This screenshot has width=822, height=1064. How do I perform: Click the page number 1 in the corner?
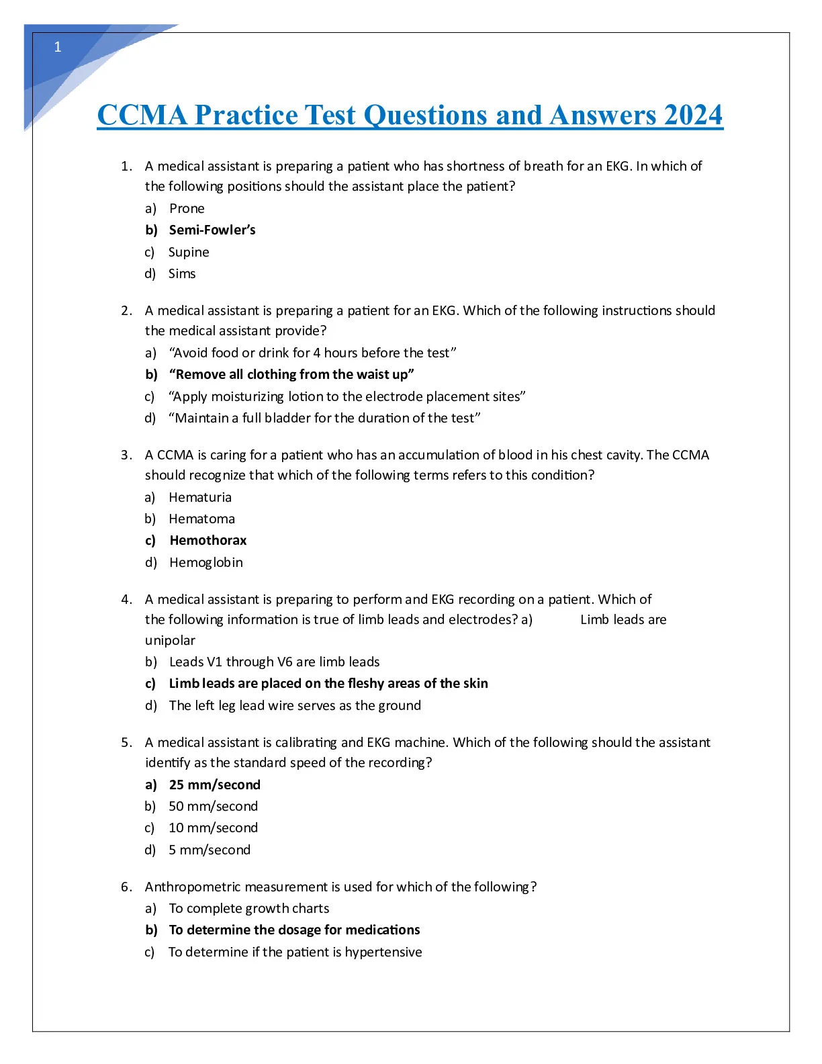tap(58, 47)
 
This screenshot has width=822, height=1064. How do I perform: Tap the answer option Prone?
tap(187, 209)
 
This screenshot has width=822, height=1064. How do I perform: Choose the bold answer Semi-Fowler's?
tap(212, 230)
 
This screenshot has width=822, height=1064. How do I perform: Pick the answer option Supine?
tap(189, 253)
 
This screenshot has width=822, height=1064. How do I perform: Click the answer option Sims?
tap(182, 274)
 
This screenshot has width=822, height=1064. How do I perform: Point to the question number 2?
tap(126, 311)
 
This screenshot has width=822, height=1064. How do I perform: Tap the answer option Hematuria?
tap(200, 498)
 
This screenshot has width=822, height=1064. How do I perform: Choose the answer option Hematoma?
tap(202, 519)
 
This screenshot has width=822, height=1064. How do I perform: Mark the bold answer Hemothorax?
tap(208, 541)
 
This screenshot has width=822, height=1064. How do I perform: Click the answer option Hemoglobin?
tap(206, 563)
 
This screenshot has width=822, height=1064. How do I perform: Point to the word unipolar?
tap(170, 641)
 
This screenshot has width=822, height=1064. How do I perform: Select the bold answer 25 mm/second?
tap(215, 785)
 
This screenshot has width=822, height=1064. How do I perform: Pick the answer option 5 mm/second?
tap(210, 850)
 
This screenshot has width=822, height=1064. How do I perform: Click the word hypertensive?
tap(383, 952)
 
